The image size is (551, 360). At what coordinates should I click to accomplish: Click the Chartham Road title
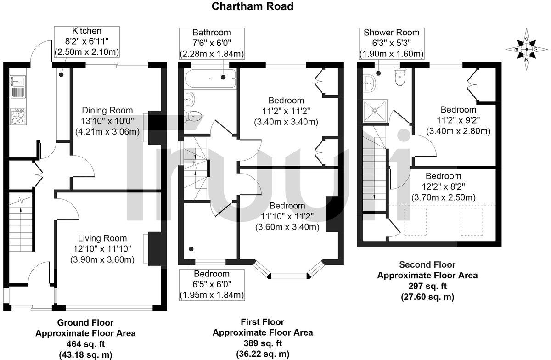252,6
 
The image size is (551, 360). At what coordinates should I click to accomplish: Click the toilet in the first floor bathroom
193,116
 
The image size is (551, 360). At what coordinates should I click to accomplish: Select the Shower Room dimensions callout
392,43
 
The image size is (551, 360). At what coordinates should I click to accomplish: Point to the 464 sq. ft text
85,343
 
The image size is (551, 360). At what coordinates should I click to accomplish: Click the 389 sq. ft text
263,343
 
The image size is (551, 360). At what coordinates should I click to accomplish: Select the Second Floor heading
427,264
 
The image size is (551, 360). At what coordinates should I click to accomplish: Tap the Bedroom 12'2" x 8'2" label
443,186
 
